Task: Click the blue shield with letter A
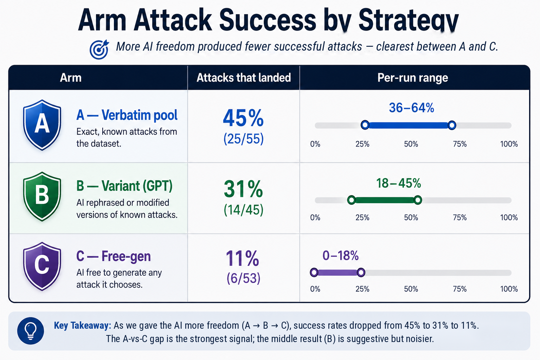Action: click(42, 125)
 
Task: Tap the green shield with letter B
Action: click(42, 196)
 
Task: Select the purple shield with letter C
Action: click(42, 266)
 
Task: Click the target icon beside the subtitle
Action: click(99, 50)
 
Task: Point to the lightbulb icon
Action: click(31, 330)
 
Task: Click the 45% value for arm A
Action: click(243, 118)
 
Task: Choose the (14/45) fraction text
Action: click(244, 210)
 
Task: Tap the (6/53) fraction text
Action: click(244, 278)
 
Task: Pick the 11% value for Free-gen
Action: click(242, 259)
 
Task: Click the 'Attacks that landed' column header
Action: click(244, 78)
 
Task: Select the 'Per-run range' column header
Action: click(413, 78)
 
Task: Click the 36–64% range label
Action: click(412, 108)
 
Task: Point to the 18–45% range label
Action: click(398, 183)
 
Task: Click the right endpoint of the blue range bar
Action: click(452, 125)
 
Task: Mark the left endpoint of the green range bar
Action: click(352, 200)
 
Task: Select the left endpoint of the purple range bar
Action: click(314, 272)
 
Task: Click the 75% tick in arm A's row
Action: click(460, 144)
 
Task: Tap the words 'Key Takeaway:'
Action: click(83, 325)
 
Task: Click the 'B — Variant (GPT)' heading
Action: click(124, 186)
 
